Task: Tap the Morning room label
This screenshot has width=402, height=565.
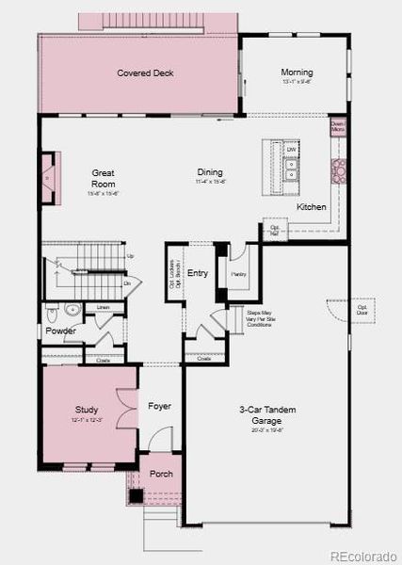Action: tap(297, 73)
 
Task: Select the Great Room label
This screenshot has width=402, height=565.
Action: tap(103, 178)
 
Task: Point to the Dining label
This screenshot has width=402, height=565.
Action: tap(210, 171)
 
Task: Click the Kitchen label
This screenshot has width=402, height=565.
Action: tap(312, 206)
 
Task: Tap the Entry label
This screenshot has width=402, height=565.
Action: tap(198, 273)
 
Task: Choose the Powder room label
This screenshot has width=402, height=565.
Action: tap(61, 331)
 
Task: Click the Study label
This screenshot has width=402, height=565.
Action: tap(87, 410)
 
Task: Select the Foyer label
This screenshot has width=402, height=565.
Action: tap(159, 406)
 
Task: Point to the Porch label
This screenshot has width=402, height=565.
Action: tap(161, 473)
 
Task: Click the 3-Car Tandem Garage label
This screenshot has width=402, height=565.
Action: tap(267, 414)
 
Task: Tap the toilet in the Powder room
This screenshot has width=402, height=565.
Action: tap(73, 309)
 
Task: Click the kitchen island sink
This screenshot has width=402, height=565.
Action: tap(292, 169)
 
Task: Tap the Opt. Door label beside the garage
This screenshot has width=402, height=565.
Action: tap(362, 308)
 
